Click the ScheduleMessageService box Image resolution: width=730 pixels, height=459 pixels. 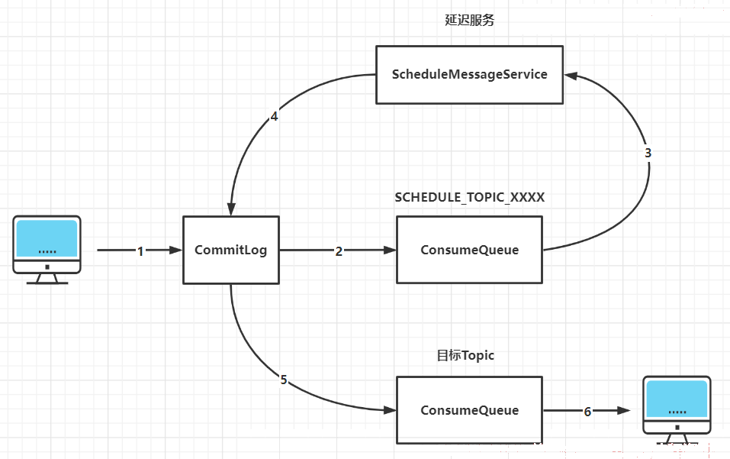(469, 75)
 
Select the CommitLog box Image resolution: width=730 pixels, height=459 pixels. (231, 250)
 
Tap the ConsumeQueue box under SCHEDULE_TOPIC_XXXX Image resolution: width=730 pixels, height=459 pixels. (469, 250)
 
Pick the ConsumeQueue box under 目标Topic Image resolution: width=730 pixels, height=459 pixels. (469, 410)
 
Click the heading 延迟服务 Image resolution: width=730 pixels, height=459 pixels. (469, 20)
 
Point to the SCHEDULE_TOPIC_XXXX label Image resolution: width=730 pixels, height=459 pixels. (469, 198)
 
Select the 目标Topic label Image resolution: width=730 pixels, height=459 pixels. (465, 356)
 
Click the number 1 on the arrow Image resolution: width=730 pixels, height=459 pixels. (140, 251)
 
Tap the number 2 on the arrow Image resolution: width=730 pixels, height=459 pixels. (339, 251)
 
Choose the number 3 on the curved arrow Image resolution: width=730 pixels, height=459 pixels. (648, 153)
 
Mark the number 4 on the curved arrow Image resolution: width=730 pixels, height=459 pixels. (274, 117)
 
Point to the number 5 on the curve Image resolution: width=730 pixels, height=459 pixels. (284, 380)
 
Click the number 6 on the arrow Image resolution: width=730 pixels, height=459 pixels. (587, 412)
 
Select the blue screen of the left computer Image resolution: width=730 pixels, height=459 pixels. (47, 238)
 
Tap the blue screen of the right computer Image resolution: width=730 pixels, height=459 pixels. (677, 399)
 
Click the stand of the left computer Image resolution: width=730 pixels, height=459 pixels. (47, 278)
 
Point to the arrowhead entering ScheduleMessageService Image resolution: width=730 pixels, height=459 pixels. (571, 76)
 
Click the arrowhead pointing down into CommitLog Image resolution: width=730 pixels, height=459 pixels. (231, 209)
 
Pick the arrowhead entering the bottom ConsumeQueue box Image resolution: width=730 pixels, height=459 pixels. (390, 410)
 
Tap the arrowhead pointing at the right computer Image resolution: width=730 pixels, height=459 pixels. (624, 411)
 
